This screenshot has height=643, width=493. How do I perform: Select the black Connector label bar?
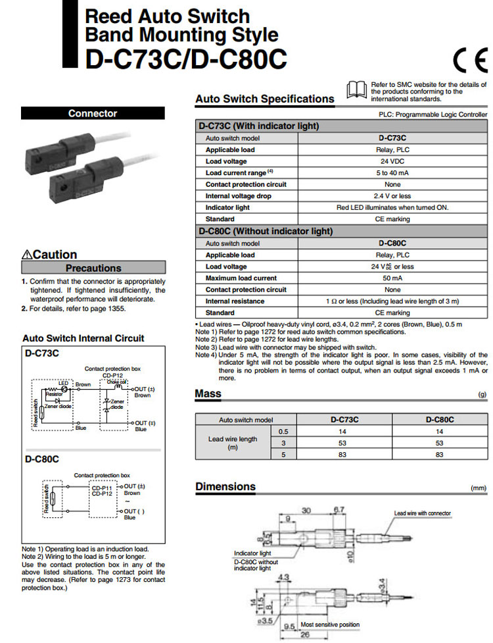click(x=92, y=113)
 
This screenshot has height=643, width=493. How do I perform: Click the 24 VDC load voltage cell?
click(x=392, y=161)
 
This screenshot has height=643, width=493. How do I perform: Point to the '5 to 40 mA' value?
click(x=392, y=172)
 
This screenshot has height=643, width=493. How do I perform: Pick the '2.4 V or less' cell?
click(x=392, y=196)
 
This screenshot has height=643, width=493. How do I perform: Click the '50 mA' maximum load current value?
click(x=392, y=278)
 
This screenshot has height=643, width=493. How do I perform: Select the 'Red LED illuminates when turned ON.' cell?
click(x=392, y=207)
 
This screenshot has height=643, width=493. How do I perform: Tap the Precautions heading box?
click(x=93, y=268)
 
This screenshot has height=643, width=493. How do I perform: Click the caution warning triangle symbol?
click(x=27, y=255)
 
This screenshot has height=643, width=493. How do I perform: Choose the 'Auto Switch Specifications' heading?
click(x=264, y=99)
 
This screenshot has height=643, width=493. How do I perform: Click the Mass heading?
click(x=208, y=394)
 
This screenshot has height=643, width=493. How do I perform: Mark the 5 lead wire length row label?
click(x=284, y=454)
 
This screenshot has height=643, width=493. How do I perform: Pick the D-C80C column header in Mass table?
click(x=440, y=419)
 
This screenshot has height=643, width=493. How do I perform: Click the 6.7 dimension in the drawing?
click(x=339, y=510)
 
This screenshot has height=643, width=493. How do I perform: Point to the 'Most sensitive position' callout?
click(x=330, y=624)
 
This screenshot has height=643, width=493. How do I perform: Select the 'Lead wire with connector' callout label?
click(x=422, y=513)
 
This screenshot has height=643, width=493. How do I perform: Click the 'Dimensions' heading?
click(x=225, y=486)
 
